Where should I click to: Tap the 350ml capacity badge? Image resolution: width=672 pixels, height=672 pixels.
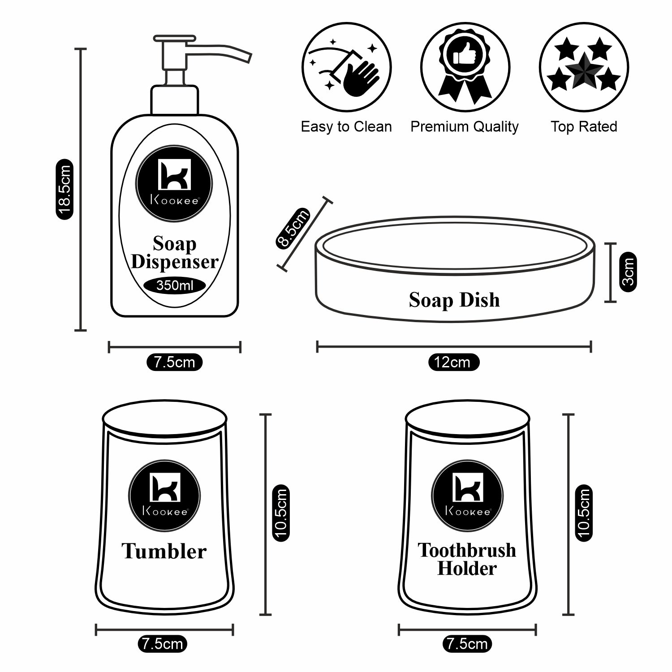pos(175,285)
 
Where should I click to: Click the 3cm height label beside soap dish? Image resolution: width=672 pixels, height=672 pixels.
pos(629,272)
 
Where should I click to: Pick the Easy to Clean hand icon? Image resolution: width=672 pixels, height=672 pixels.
pos(346,67)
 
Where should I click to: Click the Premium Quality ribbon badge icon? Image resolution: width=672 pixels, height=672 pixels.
pos(465,67)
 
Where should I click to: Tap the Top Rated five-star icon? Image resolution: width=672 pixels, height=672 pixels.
pos(584,67)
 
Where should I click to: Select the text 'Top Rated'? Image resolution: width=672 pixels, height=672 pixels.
pos(584,127)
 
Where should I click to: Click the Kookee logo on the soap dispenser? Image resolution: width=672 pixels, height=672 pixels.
pos(174,184)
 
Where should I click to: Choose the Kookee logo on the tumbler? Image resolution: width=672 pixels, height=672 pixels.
pos(164,495)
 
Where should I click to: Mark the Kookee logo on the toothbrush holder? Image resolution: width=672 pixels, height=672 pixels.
pos(467,495)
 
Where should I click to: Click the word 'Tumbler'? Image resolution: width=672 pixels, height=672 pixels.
pos(164,551)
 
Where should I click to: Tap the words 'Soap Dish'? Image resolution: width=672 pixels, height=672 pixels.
pos(454,300)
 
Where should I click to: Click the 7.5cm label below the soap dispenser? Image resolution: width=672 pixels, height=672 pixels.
pos(174,362)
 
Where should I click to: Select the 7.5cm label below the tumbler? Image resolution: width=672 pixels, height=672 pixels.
pos(162,644)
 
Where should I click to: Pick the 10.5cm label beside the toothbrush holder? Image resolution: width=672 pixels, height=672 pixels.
pos(584,513)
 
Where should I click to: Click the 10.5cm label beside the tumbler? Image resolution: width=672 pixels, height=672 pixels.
pos(281,513)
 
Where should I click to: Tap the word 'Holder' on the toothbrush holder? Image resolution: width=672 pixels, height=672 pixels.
pos(467,569)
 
